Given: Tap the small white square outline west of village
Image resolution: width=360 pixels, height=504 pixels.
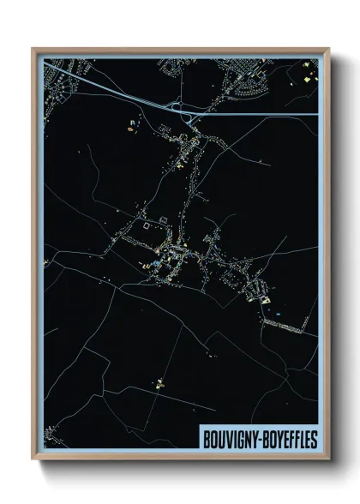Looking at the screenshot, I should (147, 226).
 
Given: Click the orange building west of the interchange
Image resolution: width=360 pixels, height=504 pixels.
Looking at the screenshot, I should (131, 130).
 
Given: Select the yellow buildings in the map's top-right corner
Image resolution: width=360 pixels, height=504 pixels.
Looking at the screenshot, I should (307, 76).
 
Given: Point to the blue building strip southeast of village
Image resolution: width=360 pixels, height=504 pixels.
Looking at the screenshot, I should (283, 316).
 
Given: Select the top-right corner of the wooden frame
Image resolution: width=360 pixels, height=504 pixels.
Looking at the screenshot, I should (328, 49).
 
